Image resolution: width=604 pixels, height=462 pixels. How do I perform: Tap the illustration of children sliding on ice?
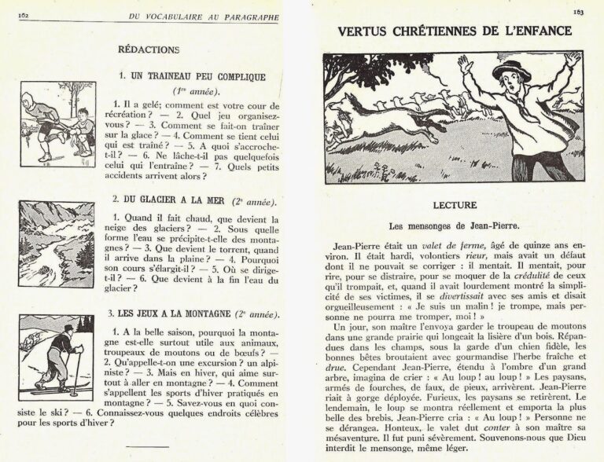(57, 123)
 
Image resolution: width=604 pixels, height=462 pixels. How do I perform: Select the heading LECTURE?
(454, 205)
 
